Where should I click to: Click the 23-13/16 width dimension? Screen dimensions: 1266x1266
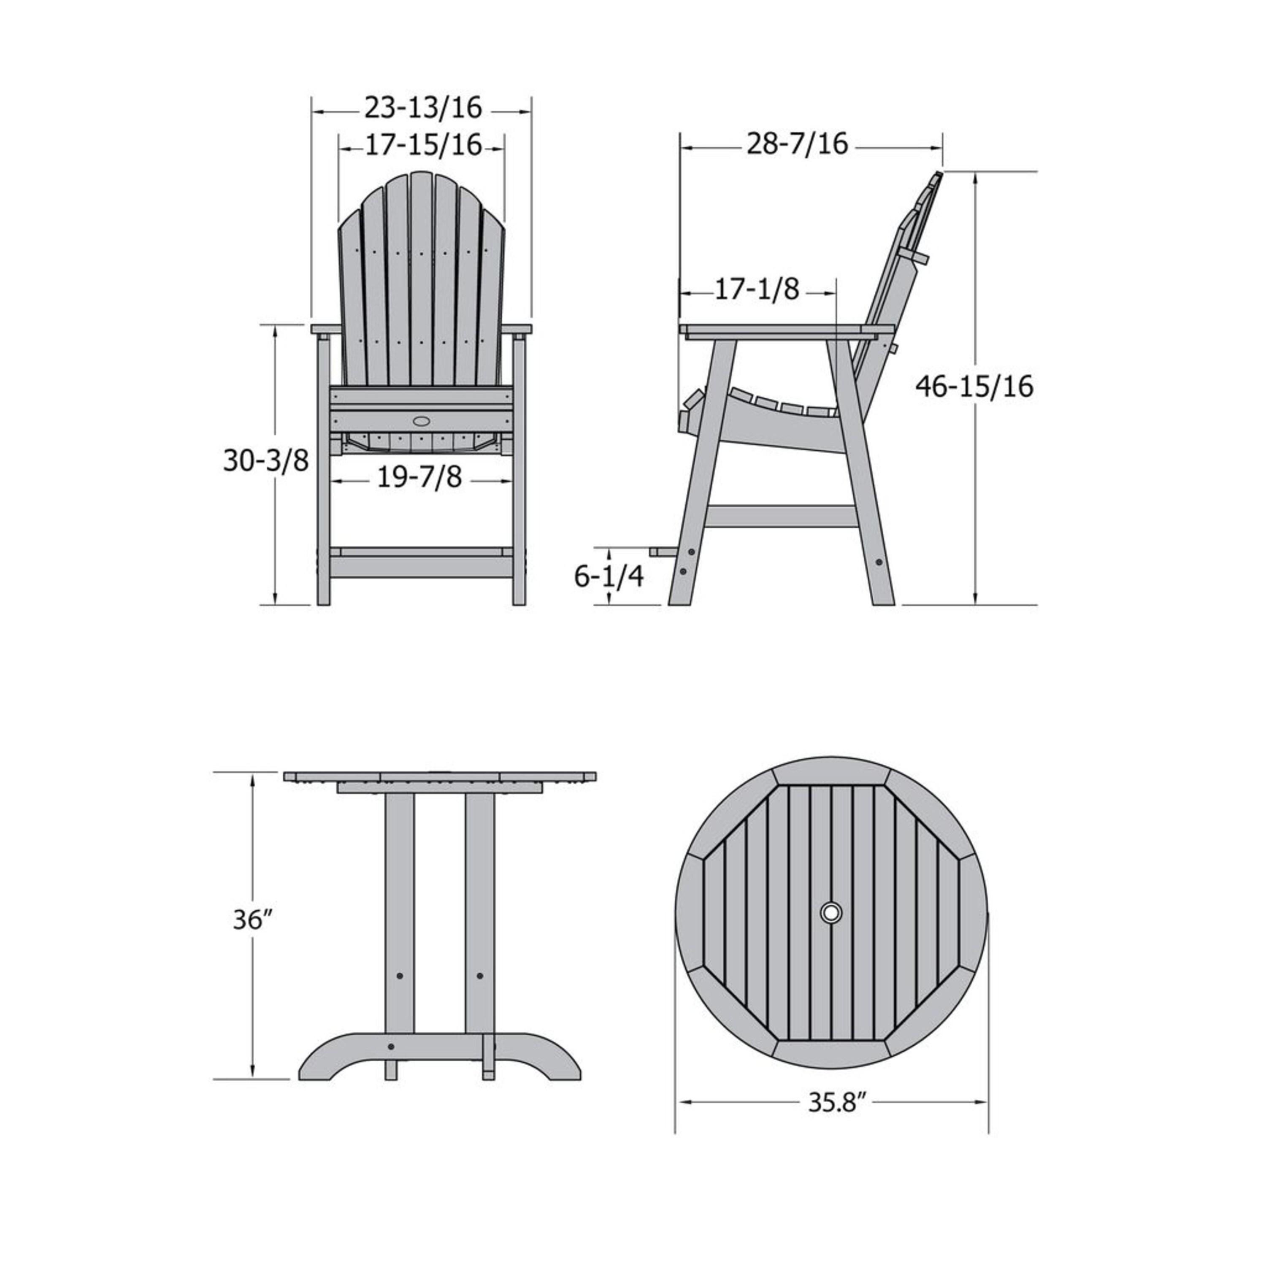tap(423, 108)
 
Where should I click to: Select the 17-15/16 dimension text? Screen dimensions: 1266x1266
tap(423, 146)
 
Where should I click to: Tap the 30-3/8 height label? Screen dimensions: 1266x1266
tap(265, 461)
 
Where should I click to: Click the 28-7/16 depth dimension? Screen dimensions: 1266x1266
tap(798, 144)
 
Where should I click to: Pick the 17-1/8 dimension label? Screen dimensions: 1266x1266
tap(757, 289)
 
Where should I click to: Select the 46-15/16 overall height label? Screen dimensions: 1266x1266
tap(974, 386)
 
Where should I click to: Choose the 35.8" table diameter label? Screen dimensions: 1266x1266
tap(831, 1103)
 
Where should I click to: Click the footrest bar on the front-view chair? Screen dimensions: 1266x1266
tap(421, 552)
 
